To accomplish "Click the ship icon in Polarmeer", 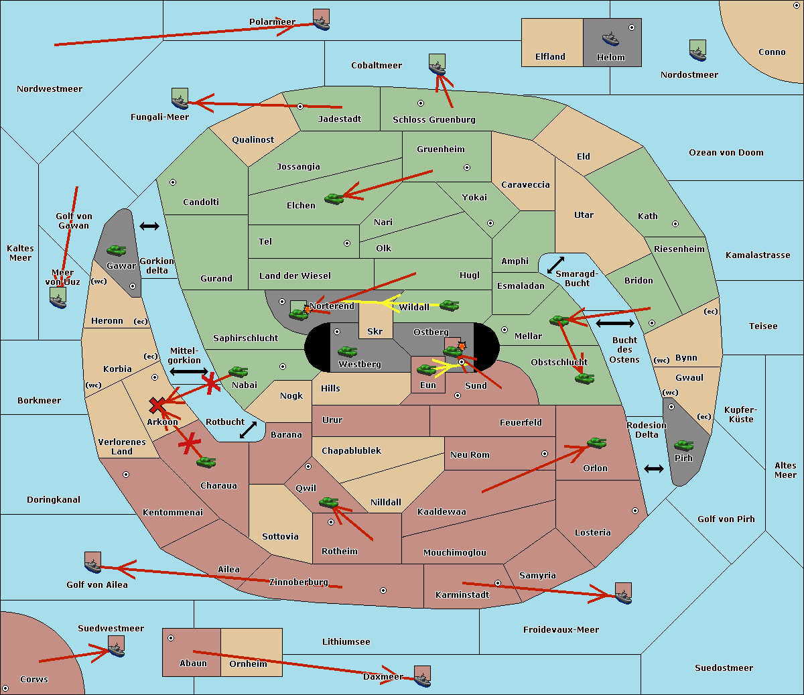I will click(x=322, y=20).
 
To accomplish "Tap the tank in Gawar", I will click(x=117, y=251).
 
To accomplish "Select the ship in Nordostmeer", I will click(x=697, y=51).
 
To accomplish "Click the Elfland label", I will click(x=550, y=57).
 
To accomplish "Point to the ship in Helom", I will click(x=610, y=38).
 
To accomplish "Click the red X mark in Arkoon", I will click(x=157, y=405).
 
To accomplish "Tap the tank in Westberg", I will click(x=347, y=351).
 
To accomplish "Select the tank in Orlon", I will click(x=596, y=443).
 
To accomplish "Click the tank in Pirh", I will click(x=683, y=446).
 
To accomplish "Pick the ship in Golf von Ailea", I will click(x=93, y=563).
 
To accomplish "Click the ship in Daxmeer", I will click(x=422, y=676).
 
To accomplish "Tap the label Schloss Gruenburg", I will click(x=433, y=120).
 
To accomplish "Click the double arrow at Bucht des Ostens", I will click(x=614, y=324).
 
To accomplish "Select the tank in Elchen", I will click(x=334, y=198).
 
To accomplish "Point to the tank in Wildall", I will click(x=449, y=306).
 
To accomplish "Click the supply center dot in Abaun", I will click(x=171, y=638).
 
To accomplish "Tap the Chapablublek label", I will click(x=351, y=451).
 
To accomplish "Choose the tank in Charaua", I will click(x=206, y=462).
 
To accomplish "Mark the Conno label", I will click(x=772, y=52).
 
